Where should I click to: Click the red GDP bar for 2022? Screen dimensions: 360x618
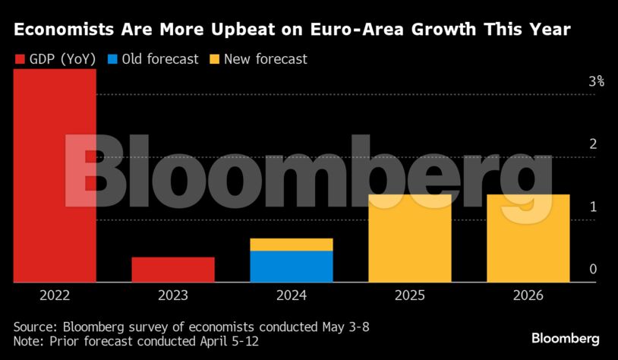click(x=55, y=175)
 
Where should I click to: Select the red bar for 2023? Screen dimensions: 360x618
click(x=173, y=269)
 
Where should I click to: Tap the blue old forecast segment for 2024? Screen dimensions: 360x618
click(x=292, y=266)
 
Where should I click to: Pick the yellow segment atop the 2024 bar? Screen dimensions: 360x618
click(x=292, y=244)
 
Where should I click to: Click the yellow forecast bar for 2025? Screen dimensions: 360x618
click(x=410, y=238)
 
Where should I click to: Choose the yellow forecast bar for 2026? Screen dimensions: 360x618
click(x=528, y=238)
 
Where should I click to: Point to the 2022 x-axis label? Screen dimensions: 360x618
click(x=55, y=295)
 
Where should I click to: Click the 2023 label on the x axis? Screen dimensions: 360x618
click(x=173, y=295)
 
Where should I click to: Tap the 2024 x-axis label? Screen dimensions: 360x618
click(x=292, y=295)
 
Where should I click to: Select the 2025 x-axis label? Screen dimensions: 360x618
click(x=410, y=295)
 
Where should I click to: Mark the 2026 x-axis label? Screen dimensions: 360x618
click(x=528, y=295)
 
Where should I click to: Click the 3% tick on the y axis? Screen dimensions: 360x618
click(x=596, y=81)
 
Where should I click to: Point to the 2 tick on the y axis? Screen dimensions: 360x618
click(x=594, y=144)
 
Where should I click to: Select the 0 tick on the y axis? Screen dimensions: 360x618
click(x=594, y=270)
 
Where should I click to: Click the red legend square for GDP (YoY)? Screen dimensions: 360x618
click(x=20, y=58)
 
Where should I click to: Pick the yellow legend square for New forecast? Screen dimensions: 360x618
click(x=215, y=58)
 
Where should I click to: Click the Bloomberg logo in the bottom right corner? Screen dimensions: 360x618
click(x=566, y=339)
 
